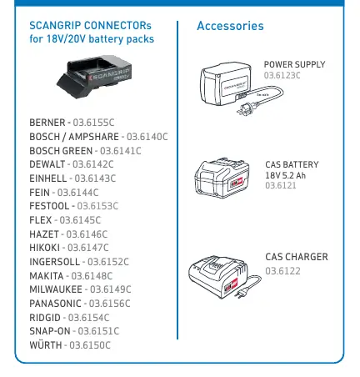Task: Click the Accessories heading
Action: [x=230, y=26]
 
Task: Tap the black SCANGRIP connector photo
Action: [x=94, y=76]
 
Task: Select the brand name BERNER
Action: [x=47, y=123]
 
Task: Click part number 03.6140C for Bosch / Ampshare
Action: [x=147, y=137]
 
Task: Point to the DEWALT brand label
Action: [x=47, y=164]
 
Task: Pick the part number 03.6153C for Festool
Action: [x=97, y=206]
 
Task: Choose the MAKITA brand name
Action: [x=47, y=276]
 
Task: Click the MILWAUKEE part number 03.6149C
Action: [x=110, y=289]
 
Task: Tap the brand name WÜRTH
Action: [x=46, y=345]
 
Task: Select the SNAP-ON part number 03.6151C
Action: [x=98, y=331]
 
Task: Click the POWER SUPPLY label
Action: [x=294, y=64]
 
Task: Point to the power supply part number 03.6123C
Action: [x=282, y=75]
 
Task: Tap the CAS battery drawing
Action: [x=222, y=178]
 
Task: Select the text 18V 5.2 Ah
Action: [x=285, y=175]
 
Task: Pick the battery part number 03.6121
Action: [x=281, y=185]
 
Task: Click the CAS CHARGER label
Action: [x=297, y=257]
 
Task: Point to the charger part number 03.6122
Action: [x=282, y=271]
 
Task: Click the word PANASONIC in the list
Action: [x=55, y=304]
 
